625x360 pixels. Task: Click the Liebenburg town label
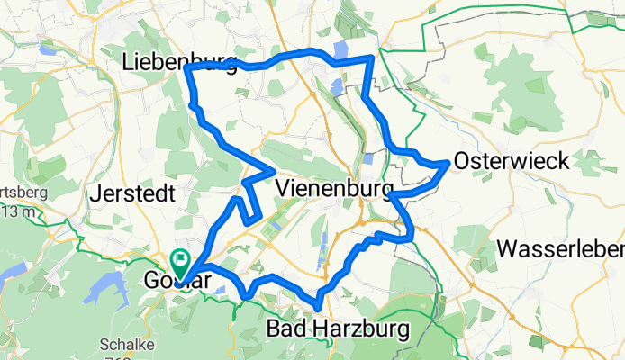(x=178, y=63)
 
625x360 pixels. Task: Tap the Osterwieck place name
(x=512, y=161)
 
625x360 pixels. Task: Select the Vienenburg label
(x=335, y=189)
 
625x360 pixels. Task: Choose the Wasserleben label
(x=562, y=247)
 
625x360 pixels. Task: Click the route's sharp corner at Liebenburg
(x=187, y=68)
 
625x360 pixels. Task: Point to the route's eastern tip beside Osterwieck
(x=448, y=164)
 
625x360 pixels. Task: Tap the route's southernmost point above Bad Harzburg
(x=318, y=304)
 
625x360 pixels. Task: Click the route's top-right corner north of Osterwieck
(x=370, y=58)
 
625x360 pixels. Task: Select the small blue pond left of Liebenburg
(x=46, y=51)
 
